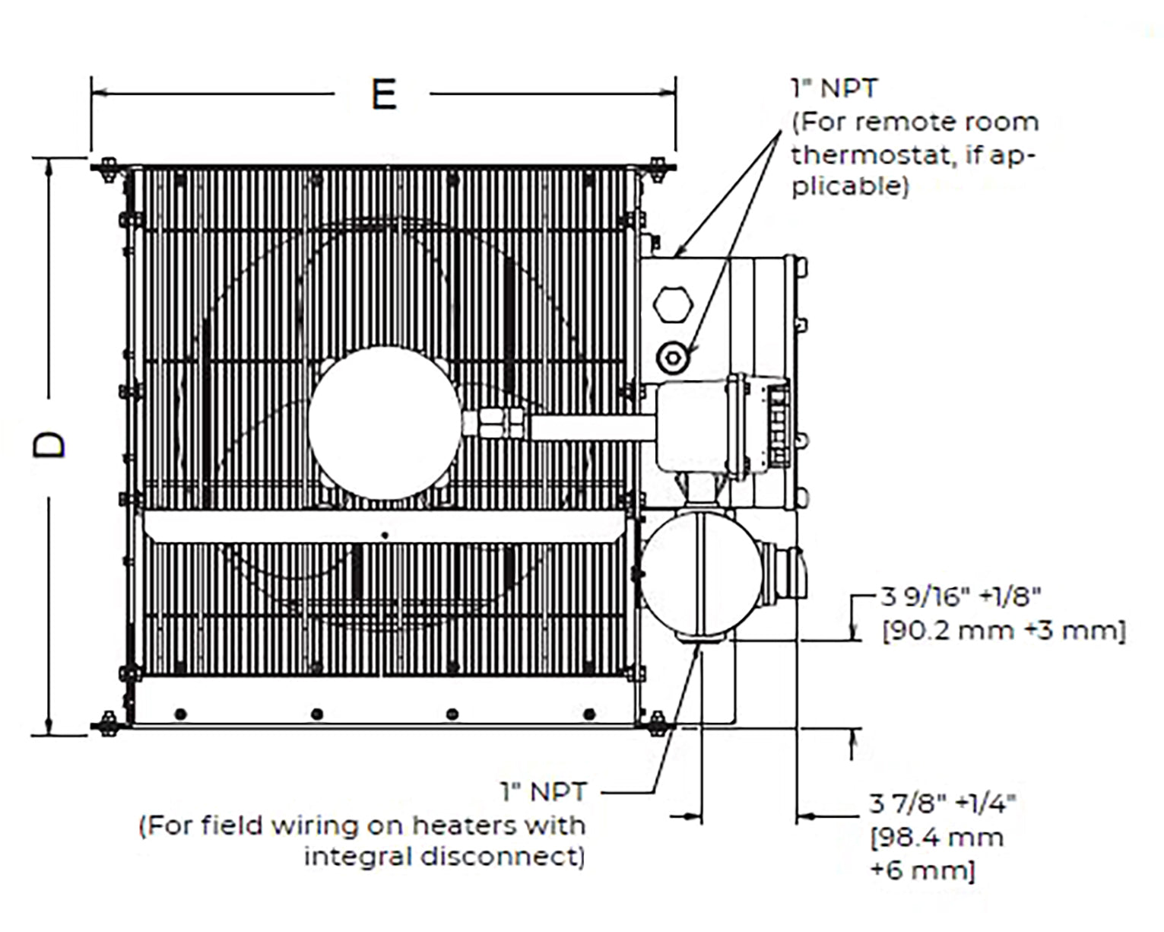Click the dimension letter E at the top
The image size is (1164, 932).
(384, 95)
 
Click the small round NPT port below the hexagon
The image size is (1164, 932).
(673, 357)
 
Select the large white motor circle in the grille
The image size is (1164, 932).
(385, 423)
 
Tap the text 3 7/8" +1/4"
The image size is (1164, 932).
(943, 803)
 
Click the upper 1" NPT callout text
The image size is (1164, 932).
(834, 88)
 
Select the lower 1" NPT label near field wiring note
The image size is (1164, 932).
(544, 792)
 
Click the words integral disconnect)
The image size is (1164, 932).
(445, 857)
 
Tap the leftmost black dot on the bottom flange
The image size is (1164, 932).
(180, 714)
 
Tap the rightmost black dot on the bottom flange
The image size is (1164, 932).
(588, 714)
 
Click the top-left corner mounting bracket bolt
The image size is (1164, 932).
(107, 167)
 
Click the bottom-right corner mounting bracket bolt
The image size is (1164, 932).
(656, 724)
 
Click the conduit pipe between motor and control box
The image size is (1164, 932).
(592, 426)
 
